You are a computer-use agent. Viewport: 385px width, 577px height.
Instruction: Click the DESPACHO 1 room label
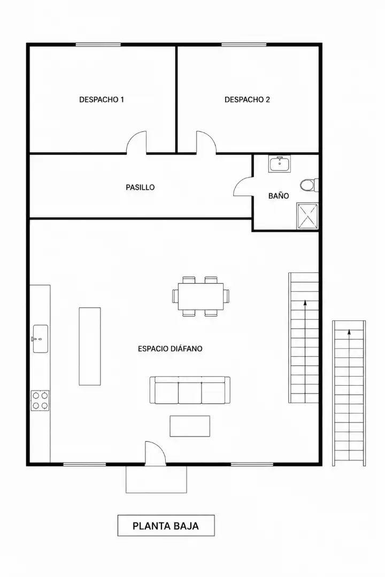[x=101, y=99]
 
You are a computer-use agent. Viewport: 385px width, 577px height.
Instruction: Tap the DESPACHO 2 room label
[x=247, y=99]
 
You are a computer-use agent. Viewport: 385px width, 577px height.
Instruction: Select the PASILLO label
[x=140, y=188]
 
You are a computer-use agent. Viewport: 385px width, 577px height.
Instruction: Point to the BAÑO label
[x=279, y=196]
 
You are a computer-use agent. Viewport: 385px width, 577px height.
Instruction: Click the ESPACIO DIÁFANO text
[x=170, y=348]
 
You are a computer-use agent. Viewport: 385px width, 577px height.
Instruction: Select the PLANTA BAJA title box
[x=166, y=526]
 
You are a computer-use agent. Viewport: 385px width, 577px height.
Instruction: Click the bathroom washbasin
[x=280, y=164]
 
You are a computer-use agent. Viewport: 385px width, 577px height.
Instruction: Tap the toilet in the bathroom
[x=309, y=185]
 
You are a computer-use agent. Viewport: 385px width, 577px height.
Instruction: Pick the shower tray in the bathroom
[x=307, y=216]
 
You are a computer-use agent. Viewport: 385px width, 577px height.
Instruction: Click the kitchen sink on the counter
[x=41, y=339]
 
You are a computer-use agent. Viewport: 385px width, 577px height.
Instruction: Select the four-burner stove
[x=40, y=401]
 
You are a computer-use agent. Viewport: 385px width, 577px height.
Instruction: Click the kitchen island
[x=90, y=346]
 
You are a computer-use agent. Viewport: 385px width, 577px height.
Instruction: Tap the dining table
[x=201, y=297]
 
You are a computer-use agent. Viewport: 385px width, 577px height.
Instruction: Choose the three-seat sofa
[x=190, y=390]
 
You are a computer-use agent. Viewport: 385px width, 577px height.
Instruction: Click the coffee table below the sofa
[x=190, y=426]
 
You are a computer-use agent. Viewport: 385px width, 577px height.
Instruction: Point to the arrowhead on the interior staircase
[x=305, y=303]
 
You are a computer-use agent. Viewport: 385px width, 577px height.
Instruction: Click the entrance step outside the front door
[x=156, y=479]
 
